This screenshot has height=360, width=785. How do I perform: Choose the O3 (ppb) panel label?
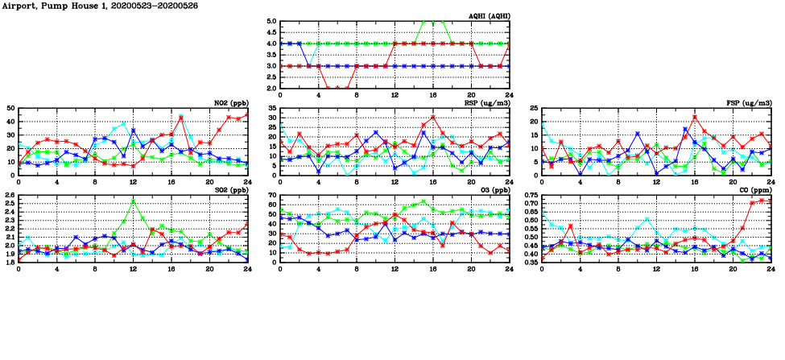pos(492,190)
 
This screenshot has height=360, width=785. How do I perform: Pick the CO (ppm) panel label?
pos(754,190)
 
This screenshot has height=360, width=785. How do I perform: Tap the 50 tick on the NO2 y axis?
pos(10,108)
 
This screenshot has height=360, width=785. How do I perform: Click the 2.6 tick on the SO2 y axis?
pos(9,196)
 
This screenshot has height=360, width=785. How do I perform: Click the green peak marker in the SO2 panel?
pos(133,201)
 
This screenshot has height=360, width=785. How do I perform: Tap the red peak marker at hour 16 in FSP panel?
pos(695,118)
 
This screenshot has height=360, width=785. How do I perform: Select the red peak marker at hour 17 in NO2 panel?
pos(181,118)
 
